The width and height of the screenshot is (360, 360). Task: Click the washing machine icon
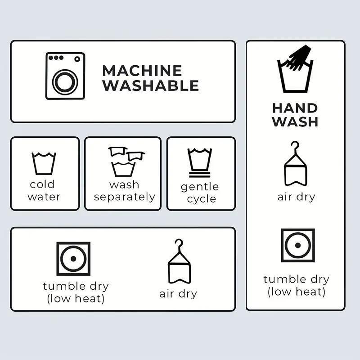click(x=65, y=76)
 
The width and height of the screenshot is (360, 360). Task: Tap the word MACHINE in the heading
click(x=142, y=71)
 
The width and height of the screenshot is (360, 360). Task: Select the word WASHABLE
click(x=151, y=85)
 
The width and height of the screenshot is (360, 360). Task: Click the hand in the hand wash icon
click(x=300, y=58)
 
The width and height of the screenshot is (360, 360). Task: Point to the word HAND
click(x=295, y=108)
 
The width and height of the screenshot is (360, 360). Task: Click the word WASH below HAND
click(x=295, y=121)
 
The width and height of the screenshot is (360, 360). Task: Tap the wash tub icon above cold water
click(x=44, y=163)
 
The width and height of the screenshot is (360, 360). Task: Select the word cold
click(x=42, y=184)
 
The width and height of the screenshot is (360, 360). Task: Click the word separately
click(x=125, y=197)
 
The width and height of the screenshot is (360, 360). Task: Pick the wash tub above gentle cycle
click(x=199, y=159)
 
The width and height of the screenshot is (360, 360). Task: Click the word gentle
click(x=199, y=187)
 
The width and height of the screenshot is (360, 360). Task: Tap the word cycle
click(x=201, y=199)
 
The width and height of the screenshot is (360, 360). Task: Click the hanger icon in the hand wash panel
click(x=295, y=164)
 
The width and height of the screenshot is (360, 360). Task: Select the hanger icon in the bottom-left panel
click(x=179, y=261)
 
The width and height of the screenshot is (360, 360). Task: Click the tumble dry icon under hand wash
click(x=298, y=245)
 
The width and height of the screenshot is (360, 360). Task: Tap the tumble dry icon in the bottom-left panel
click(x=73, y=258)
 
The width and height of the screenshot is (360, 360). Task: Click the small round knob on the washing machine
click(x=77, y=59)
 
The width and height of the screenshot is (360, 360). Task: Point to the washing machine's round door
click(x=65, y=82)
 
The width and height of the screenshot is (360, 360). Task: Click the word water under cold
click(x=44, y=197)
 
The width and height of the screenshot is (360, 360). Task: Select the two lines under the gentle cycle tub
click(x=199, y=175)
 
